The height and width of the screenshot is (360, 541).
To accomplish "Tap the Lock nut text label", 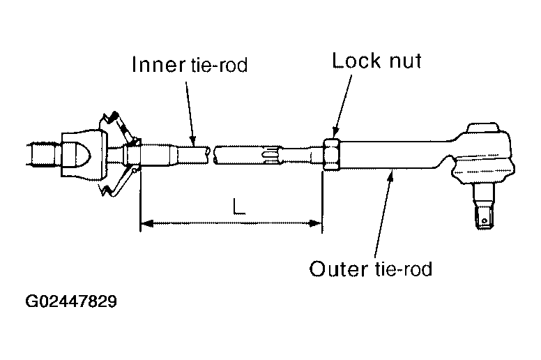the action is [x=376, y=61].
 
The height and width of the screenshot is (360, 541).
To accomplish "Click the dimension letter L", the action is [x=238, y=207].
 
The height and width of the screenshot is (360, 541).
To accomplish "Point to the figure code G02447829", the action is [x=71, y=301].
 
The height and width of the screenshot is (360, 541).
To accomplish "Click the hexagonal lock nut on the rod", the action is [x=332, y=154].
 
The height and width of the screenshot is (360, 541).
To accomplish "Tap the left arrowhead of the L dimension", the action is [x=147, y=224].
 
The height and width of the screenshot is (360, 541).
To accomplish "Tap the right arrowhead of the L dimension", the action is [x=315, y=224].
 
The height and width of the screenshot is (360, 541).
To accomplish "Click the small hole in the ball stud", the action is [x=485, y=221].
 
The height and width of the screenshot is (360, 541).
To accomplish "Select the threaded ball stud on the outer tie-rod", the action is [x=484, y=207].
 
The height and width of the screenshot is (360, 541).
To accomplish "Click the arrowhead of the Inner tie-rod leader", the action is [x=193, y=140].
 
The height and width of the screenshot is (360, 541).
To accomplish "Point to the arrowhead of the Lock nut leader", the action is [x=335, y=133].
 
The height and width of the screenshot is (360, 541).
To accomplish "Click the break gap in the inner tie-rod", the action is [x=211, y=155].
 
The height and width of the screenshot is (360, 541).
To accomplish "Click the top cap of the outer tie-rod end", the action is [x=483, y=128].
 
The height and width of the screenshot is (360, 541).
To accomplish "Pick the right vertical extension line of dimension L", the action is [x=322, y=202].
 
